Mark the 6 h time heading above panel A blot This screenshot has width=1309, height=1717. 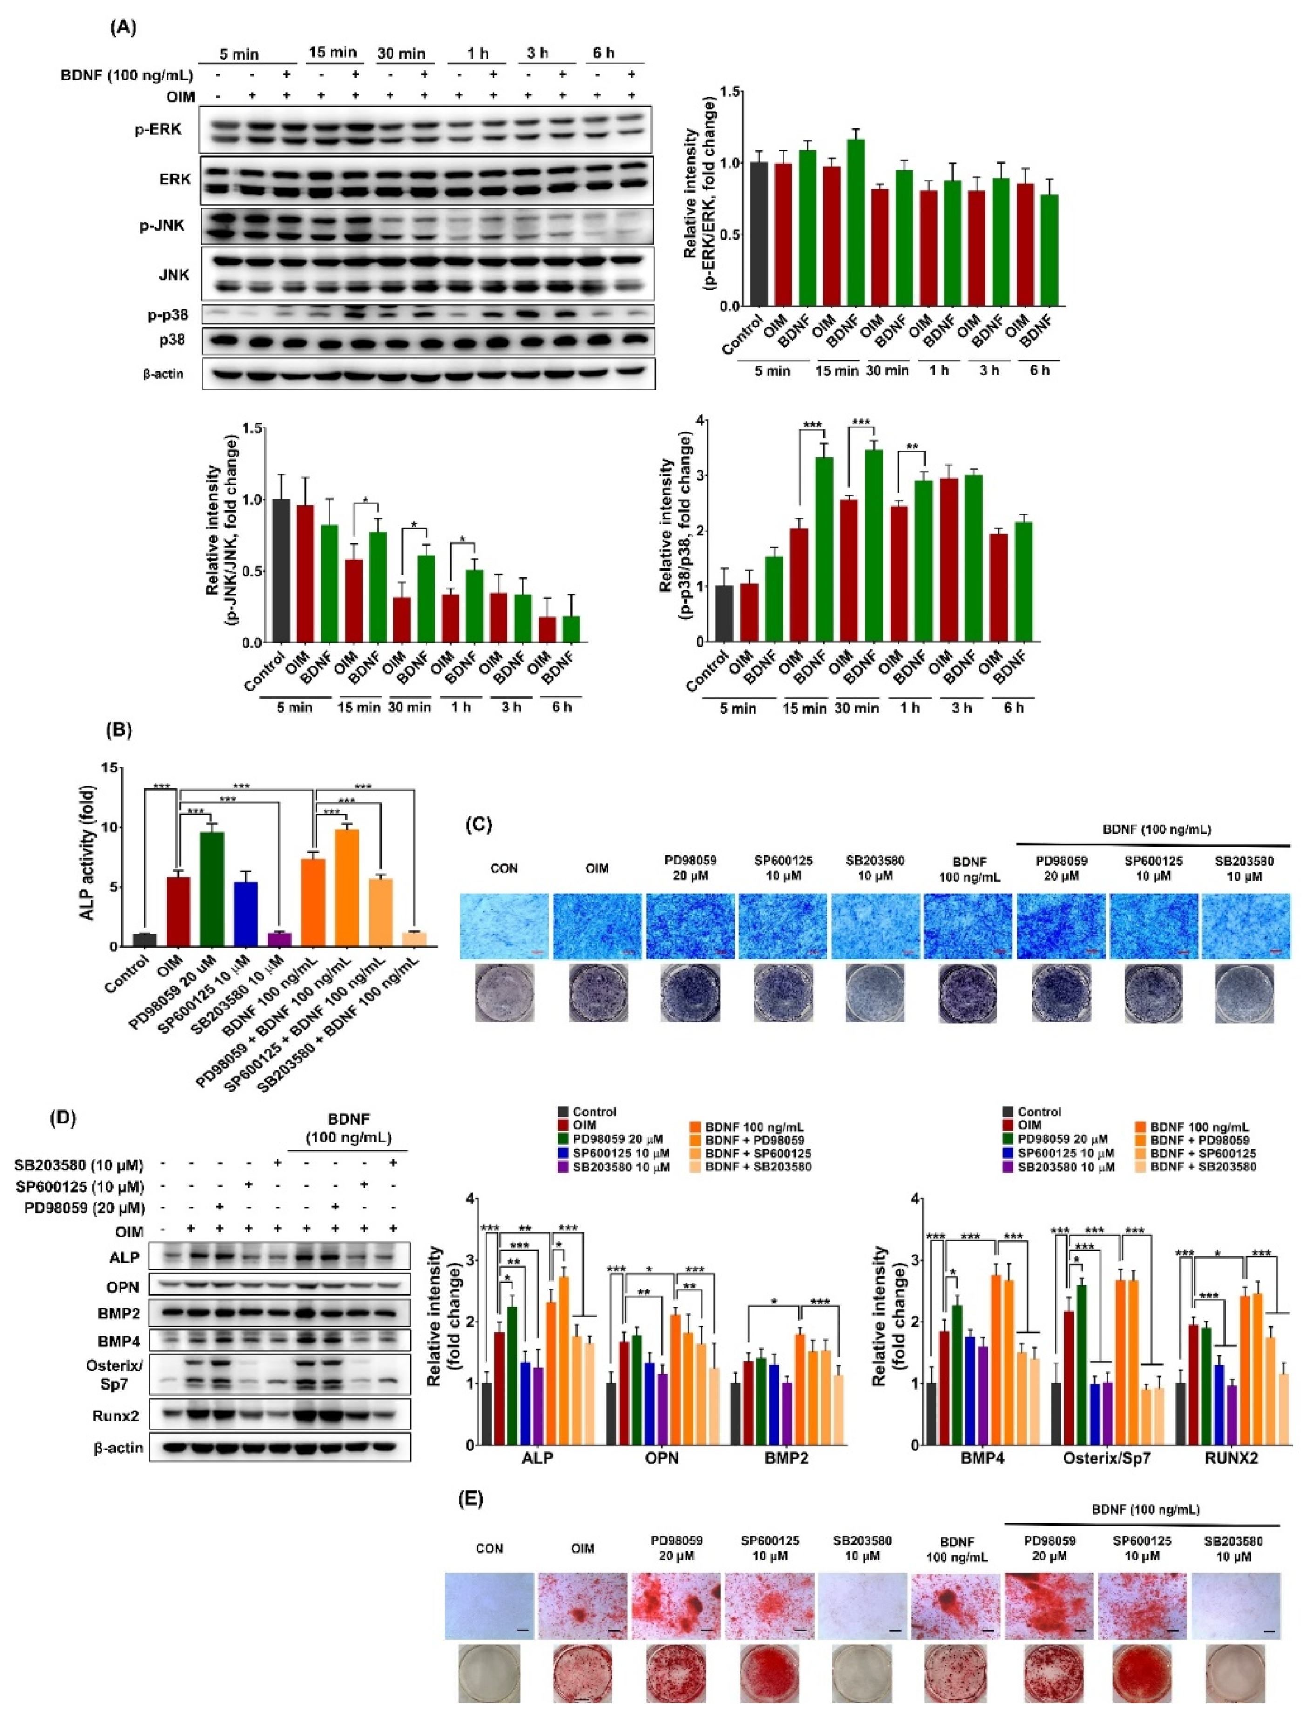click(x=603, y=53)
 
